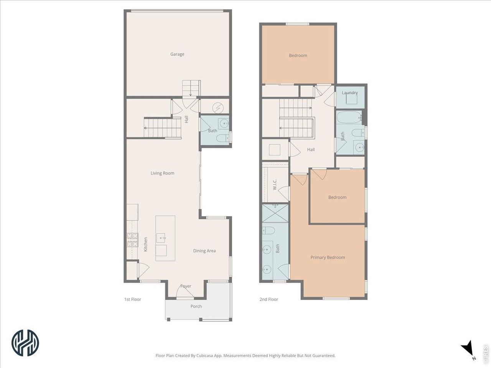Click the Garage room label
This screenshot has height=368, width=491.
tap(177, 54)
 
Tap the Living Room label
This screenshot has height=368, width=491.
tap(162, 173)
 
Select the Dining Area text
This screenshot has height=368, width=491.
tap(204, 251)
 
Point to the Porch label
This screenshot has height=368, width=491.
tap(196, 306)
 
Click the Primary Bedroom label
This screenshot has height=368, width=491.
tap(328, 257)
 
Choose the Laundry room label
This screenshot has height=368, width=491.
tap(349, 92)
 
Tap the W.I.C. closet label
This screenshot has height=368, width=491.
tap(275, 184)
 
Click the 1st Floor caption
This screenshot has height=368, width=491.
tap(133, 299)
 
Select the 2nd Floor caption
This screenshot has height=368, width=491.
tap(269, 299)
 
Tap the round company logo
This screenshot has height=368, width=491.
tap(25, 343)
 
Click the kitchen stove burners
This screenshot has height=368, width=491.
tap(132, 240)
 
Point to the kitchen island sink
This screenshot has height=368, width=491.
tap(161, 238)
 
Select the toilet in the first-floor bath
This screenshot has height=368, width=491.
tap(223, 138)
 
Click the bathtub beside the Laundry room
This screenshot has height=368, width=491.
tap(349, 117)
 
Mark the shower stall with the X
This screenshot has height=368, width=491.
tap(275, 213)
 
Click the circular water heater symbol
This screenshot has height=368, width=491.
tap(218, 108)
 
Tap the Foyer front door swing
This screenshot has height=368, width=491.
tap(185, 291)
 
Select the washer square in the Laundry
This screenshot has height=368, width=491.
tap(352, 99)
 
